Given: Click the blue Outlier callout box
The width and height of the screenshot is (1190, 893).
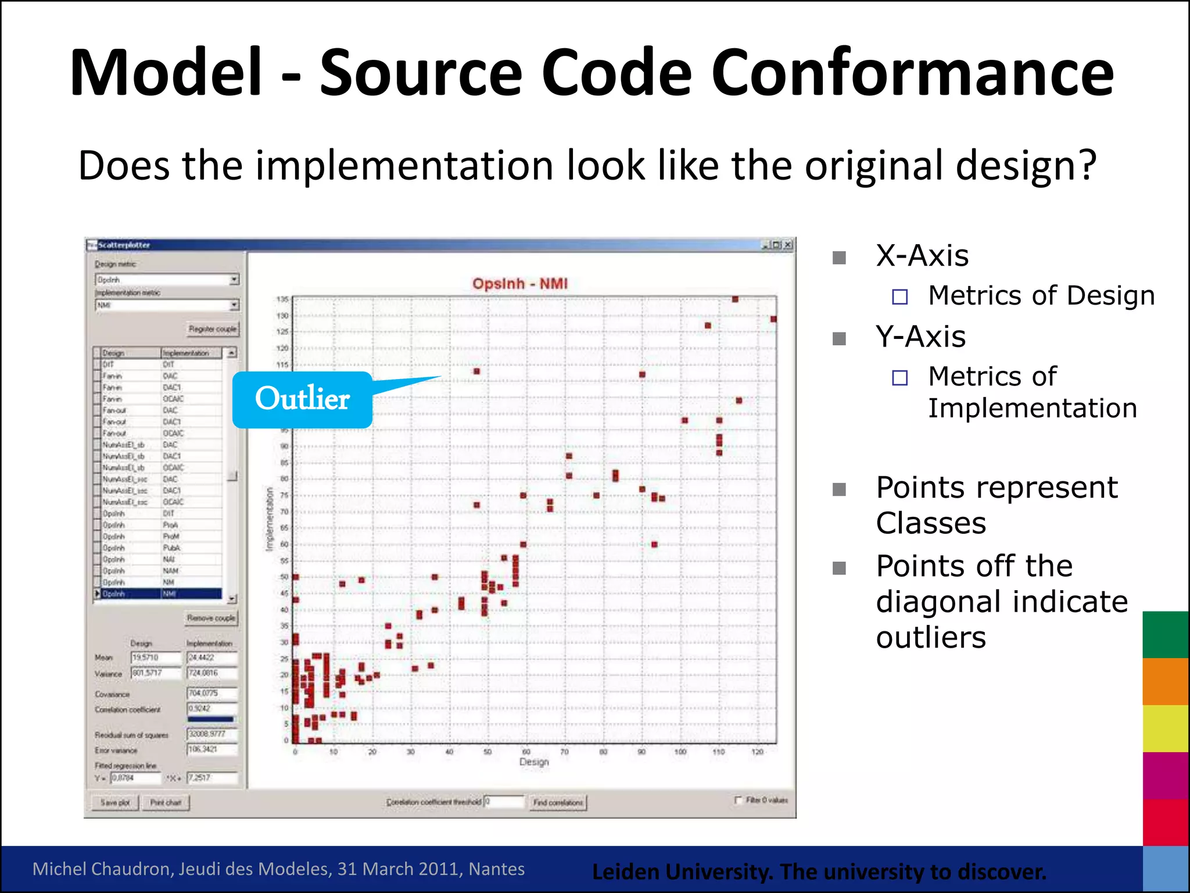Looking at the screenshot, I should [x=302, y=400].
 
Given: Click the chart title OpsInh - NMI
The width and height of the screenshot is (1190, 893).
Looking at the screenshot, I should [x=519, y=284].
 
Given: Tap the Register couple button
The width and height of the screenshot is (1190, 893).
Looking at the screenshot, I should [x=212, y=329].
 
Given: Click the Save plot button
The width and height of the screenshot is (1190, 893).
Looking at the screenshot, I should [x=115, y=802].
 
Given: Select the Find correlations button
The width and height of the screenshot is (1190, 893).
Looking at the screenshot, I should [x=558, y=802].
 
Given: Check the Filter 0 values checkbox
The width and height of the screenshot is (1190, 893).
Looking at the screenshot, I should [x=739, y=800].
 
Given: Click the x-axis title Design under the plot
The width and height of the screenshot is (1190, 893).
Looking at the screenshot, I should [x=533, y=762].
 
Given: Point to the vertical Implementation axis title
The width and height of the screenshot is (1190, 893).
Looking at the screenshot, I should [x=269, y=519].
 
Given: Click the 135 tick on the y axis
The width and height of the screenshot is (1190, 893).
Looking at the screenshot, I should [x=282, y=299].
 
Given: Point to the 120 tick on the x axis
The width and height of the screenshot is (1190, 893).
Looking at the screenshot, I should [x=757, y=752].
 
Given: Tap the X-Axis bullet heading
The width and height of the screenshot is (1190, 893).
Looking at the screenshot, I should [x=922, y=256].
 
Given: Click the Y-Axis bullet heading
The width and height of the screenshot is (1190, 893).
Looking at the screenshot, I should [x=920, y=337].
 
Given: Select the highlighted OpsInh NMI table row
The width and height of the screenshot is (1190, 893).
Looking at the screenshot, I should [x=158, y=594].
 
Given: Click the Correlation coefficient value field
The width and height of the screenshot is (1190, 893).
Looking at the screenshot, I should [x=212, y=709].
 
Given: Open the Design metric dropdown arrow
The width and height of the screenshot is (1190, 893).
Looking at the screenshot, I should [x=234, y=280].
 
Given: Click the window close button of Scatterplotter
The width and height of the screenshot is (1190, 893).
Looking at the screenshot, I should [x=788, y=245].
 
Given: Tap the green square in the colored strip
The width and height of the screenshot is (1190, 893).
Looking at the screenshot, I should [x=1165, y=634].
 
